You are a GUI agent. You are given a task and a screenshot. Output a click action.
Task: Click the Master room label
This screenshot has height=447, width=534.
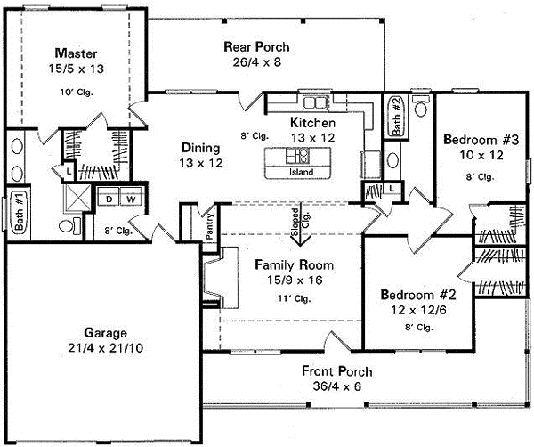(x=74, y=52)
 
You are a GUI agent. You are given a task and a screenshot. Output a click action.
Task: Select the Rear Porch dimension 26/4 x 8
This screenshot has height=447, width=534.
(x=257, y=61)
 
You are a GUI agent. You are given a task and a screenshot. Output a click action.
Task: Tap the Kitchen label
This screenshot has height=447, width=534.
(x=312, y=122)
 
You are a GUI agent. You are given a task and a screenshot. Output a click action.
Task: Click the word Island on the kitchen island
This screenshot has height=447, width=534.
(x=302, y=173)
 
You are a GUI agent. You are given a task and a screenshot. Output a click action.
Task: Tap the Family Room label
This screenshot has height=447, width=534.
(x=294, y=264)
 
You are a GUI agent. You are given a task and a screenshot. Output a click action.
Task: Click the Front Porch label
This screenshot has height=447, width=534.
(x=336, y=370)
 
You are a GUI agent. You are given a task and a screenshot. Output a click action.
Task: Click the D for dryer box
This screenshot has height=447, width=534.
(x=109, y=199)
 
